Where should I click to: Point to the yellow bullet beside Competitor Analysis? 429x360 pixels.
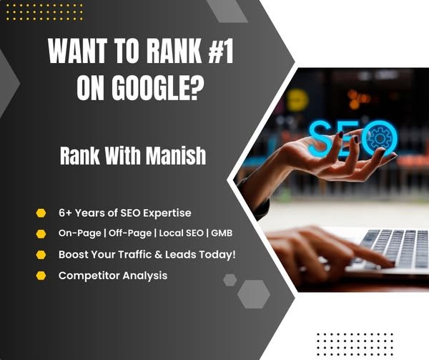[40, 276]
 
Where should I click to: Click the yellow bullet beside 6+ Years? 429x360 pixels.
[40, 213]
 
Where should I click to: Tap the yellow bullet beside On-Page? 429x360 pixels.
[40, 234]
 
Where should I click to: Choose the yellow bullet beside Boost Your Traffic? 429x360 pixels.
[40, 255]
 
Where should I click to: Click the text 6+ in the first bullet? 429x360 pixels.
[66, 213]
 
